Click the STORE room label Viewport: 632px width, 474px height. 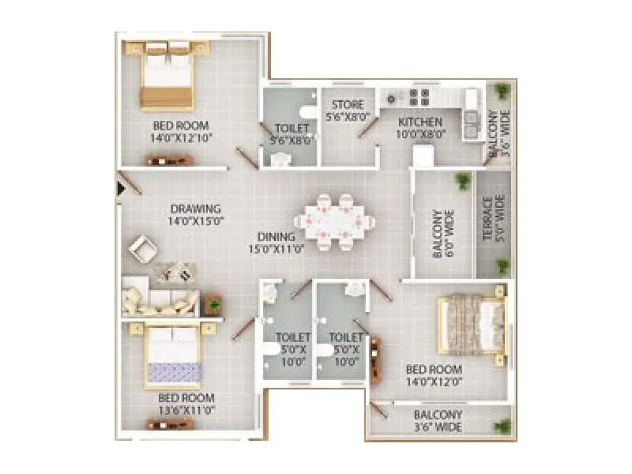pyautogui.click(x=348, y=105)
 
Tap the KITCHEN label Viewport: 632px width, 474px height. pyautogui.click(x=419, y=122)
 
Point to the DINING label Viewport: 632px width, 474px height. pyautogui.click(x=276, y=236)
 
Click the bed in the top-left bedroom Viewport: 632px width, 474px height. pyautogui.click(x=167, y=74)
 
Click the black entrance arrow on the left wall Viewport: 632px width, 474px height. pyautogui.click(x=121, y=188)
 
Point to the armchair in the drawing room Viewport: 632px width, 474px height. pyautogui.click(x=144, y=250)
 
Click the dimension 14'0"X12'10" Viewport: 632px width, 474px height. pyautogui.click(x=181, y=137)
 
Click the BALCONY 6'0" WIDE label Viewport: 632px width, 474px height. pyautogui.click(x=442, y=234)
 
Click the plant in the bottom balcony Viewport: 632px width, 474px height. pyautogui.click(x=501, y=427)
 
